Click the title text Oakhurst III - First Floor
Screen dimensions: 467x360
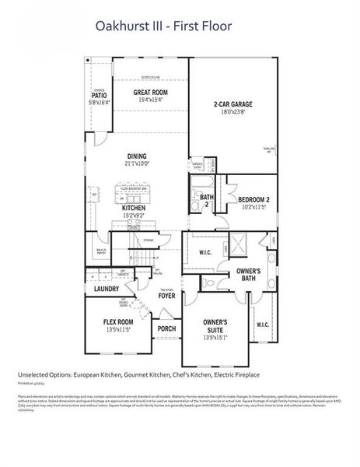[163, 27]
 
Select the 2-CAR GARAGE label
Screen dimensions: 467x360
[233, 104]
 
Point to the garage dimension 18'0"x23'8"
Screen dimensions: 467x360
[233, 112]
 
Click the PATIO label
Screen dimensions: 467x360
[100, 95]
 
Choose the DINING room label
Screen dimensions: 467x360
[136, 155]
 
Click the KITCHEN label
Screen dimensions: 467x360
[134, 209]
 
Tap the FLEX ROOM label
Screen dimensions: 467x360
[119, 321]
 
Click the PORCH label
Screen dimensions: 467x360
[166, 328]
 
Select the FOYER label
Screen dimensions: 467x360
[166, 296]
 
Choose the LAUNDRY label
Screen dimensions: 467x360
[106, 289]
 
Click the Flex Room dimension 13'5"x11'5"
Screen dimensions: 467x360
[119, 330]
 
